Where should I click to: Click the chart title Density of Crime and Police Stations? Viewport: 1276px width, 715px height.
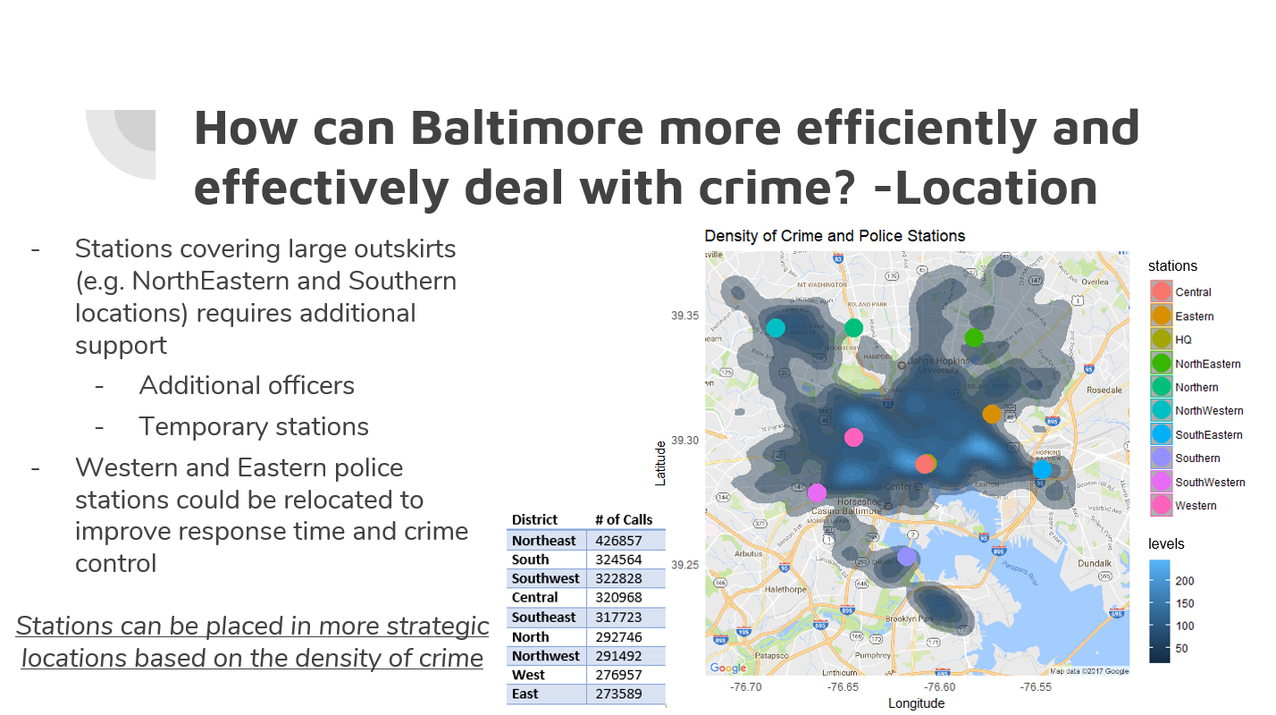pyautogui.click(x=835, y=237)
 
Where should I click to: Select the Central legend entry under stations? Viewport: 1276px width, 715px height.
pyautogui.click(x=1193, y=292)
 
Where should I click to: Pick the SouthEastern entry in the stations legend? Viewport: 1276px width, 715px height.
pyautogui.click(x=1208, y=435)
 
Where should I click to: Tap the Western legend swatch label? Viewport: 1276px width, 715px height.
pyautogui.click(x=1196, y=506)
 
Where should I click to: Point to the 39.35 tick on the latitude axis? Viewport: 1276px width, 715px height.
pyautogui.click(x=685, y=315)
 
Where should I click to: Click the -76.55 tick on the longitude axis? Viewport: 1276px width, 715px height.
pyautogui.click(x=1035, y=687)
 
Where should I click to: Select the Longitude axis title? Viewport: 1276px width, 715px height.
pyautogui.click(x=916, y=703)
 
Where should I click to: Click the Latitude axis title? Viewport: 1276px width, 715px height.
pyautogui.click(x=661, y=462)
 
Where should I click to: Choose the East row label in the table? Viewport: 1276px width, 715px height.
pyautogui.click(x=525, y=694)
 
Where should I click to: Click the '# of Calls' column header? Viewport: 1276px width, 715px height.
pyautogui.click(x=624, y=519)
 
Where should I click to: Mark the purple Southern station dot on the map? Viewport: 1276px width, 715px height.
pyautogui.click(x=907, y=557)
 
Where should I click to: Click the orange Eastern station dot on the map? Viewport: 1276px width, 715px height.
pyautogui.click(x=992, y=414)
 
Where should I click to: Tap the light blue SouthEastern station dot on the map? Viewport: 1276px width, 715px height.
pyautogui.click(x=1042, y=469)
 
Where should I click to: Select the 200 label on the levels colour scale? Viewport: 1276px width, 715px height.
pyautogui.click(x=1184, y=582)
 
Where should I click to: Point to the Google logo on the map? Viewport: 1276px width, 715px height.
pyautogui.click(x=727, y=668)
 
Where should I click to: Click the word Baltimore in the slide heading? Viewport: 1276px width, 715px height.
pyautogui.click(x=526, y=128)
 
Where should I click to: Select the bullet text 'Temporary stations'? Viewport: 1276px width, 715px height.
pyautogui.click(x=254, y=427)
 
